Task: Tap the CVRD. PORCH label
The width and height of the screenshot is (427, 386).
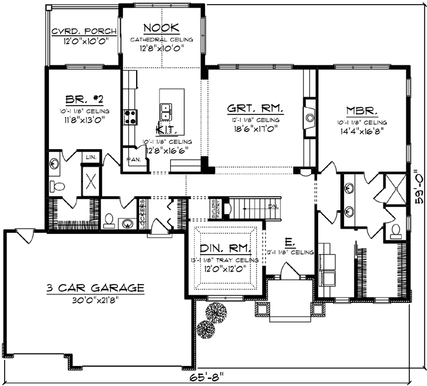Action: tap(82, 32)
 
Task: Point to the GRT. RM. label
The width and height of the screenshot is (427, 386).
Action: tap(256, 108)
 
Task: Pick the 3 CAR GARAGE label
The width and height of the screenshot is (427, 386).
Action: tap(96, 288)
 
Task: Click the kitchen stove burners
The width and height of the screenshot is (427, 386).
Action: tap(130, 115)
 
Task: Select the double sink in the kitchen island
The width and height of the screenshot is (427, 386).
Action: tap(167, 110)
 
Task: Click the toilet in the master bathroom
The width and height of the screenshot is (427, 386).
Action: tap(394, 230)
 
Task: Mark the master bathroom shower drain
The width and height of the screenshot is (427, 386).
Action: tap(395, 189)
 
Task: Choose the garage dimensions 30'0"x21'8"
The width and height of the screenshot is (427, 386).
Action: tap(96, 299)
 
